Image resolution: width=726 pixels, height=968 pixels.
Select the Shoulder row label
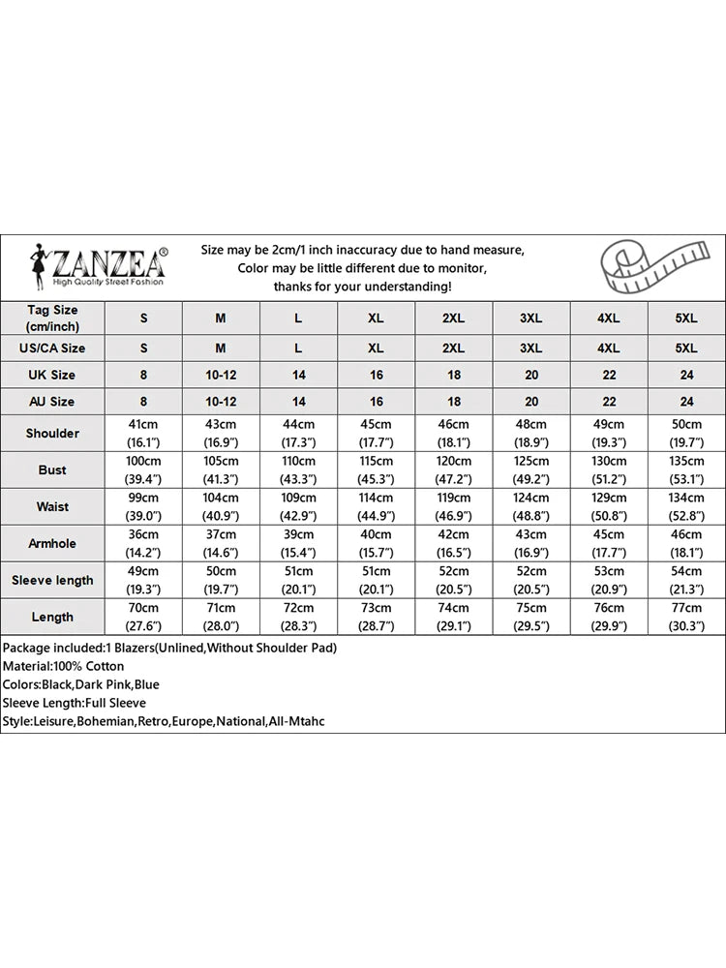52,433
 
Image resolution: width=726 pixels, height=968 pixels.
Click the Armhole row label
52,543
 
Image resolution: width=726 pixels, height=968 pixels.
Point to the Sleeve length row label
52,580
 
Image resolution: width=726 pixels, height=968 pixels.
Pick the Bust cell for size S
143,469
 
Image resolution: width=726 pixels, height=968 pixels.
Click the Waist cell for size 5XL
685,506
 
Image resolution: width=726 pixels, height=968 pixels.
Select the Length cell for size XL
376,617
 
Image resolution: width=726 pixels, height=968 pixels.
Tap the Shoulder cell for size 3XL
530,433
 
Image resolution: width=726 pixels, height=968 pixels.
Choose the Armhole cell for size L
298,543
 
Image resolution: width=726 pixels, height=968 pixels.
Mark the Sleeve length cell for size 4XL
608,580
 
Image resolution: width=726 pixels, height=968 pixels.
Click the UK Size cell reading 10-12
221,375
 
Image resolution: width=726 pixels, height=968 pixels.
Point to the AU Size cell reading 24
685,401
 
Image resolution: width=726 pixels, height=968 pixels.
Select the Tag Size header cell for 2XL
453,318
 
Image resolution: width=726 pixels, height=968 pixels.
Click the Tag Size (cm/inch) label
52,318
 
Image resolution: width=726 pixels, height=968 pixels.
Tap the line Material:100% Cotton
63,666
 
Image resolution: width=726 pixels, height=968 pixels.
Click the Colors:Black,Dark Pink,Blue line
80,684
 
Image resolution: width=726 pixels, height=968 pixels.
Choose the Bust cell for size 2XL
453,469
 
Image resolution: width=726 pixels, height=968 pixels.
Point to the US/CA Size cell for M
221,348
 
